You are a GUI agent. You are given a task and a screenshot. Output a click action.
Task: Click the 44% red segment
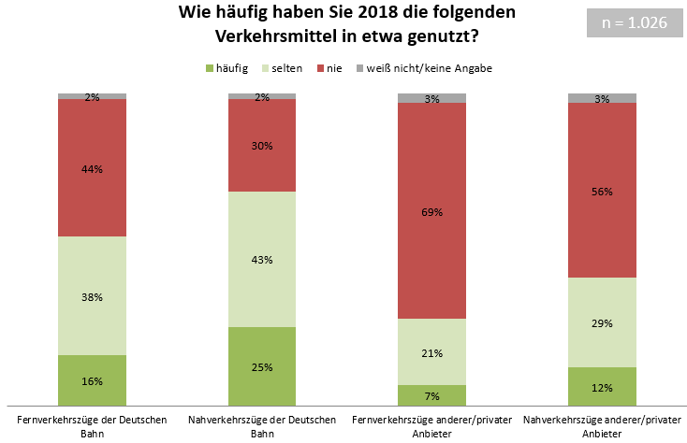tap(92, 168)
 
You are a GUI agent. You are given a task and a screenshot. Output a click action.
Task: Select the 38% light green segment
tap(92, 296)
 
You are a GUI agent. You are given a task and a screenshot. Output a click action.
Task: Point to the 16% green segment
tap(92, 381)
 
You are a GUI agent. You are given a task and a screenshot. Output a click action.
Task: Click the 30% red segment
tap(262, 145)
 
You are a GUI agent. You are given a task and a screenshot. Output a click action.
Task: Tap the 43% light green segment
tap(262, 259)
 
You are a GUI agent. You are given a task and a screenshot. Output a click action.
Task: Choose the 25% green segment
tap(262, 366)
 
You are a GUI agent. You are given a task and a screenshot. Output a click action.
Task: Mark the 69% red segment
tap(431, 211)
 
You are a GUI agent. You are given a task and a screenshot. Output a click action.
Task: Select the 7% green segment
tap(431, 396)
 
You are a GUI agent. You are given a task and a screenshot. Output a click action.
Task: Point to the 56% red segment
tap(602, 191)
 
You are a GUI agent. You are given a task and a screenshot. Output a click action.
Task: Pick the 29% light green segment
tap(602, 322)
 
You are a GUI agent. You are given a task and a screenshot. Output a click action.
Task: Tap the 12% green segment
tap(602, 387)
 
